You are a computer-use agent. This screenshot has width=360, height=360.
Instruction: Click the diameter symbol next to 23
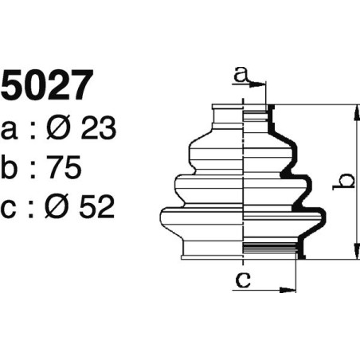pos(61,129)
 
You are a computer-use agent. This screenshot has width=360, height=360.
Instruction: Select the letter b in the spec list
pos(11,168)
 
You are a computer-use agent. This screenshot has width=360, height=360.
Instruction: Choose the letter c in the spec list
pos(10,208)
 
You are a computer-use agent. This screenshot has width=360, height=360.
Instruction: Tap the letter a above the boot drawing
pos(241,76)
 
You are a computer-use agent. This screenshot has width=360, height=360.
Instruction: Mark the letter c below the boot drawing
pos(245,280)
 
